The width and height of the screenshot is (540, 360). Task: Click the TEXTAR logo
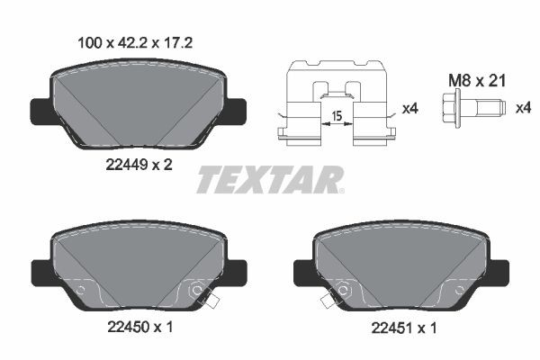tap(270, 180)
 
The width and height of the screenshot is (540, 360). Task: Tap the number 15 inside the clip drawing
tap(335, 116)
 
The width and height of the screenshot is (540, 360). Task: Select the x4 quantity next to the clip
tap(409, 108)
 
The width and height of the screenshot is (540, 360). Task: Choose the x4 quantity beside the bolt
tap(522, 108)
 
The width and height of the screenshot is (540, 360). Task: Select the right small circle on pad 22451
tap(460, 291)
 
